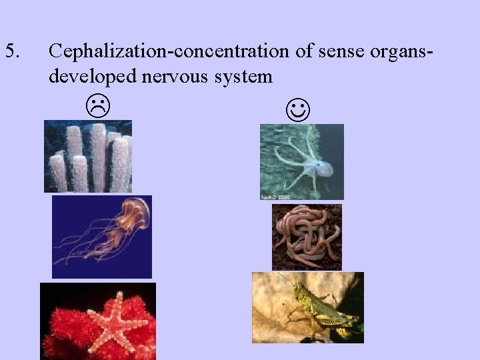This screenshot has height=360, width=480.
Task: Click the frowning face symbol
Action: click(x=98, y=104)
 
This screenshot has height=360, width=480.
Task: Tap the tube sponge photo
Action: click(x=87, y=156)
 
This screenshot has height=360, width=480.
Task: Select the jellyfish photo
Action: click(x=101, y=237)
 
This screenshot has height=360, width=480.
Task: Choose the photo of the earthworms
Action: click(x=307, y=237)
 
